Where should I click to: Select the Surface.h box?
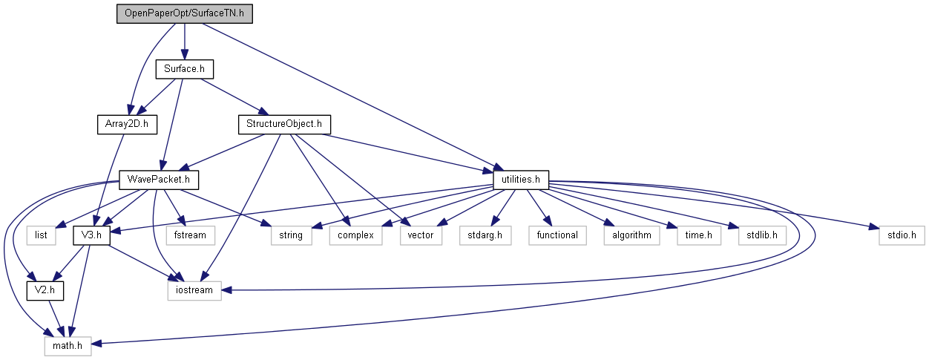tap(184, 69)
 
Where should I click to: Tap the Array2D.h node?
tap(126, 124)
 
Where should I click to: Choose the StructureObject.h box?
tap(283, 124)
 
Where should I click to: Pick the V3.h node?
tap(91, 235)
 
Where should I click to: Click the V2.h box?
tap(45, 290)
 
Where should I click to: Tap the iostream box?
tap(194, 290)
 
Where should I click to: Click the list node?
tap(41, 235)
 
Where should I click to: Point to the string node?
tap(291, 235)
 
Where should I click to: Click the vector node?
tap(421, 235)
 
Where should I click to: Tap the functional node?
tap(557, 235)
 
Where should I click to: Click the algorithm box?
tap(631, 235)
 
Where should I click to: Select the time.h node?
tap(698, 235)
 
